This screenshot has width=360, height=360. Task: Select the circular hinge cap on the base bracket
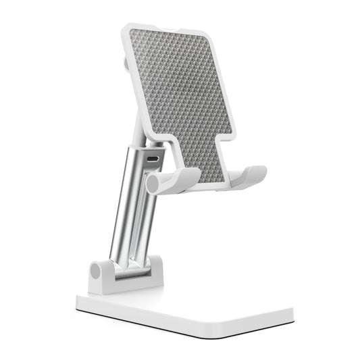(96, 272)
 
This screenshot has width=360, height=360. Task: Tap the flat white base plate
(203, 304)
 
